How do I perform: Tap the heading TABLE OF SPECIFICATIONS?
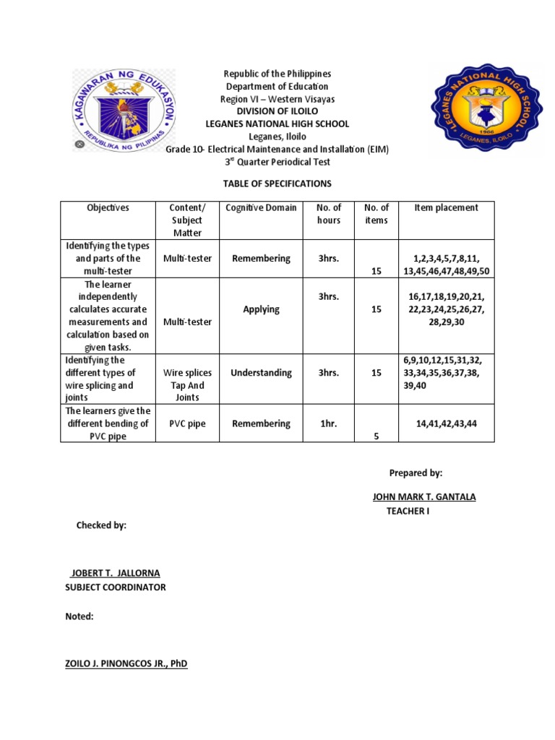pyautogui.click(x=277, y=184)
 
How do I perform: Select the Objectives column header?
pyautogui.click(x=108, y=208)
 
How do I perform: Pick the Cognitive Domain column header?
pyautogui.click(x=261, y=208)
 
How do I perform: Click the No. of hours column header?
pyautogui.click(x=328, y=214)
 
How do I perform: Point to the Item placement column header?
pyautogui.click(x=446, y=208)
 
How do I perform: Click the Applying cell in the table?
pyautogui.click(x=261, y=309)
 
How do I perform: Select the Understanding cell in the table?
pyautogui.click(x=261, y=373)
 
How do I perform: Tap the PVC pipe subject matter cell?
pyautogui.click(x=186, y=423)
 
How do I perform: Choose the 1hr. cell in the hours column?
pyautogui.click(x=328, y=423)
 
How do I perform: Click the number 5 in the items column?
pyautogui.click(x=376, y=436)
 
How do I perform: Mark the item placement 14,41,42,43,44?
pyautogui.click(x=446, y=423)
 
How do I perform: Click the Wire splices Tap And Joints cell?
pyautogui.click(x=186, y=385)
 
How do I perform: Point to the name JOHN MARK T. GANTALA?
pyautogui.click(x=423, y=496)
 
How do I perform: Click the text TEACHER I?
pyautogui.click(x=408, y=512)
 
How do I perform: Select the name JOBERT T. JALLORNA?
pyautogui.click(x=115, y=572)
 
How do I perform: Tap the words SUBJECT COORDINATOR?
pyautogui.click(x=116, y=587)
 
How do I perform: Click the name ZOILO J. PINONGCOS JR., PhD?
pyautogui.click(x=126, y=663)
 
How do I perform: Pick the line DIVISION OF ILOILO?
pyautogui.click(x=277, y=111)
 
